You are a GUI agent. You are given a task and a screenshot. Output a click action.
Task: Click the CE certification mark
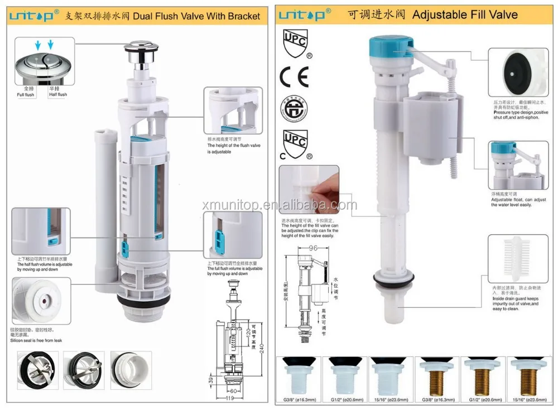(x=294, y=77)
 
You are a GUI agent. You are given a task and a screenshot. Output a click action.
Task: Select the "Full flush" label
(x=25, y=95)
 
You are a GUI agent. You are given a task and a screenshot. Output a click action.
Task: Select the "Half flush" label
(x=57, y=95)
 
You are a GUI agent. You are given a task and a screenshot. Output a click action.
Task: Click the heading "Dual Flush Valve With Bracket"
(x=196, y=16)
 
